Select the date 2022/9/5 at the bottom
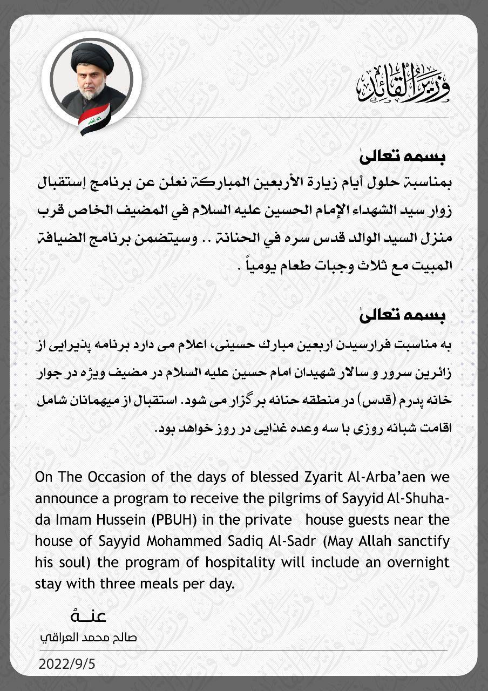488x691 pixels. pos(67,664)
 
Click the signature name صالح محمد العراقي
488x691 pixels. pos(89,637)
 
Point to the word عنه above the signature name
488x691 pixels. pos(88,616)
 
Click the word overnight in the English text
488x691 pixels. pos(416,562)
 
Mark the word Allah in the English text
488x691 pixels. pos(362,541)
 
